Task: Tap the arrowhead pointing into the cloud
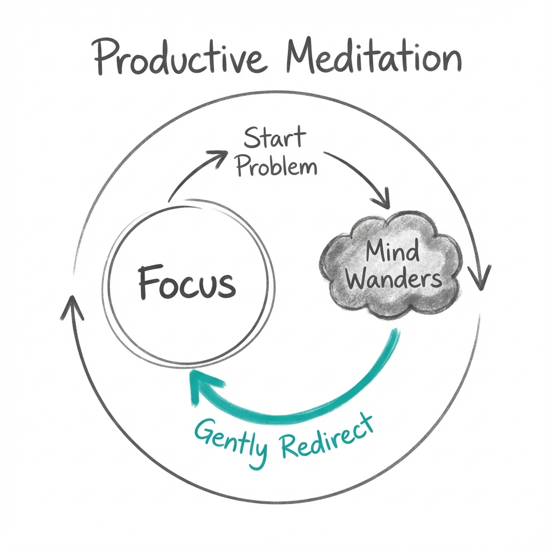pos(382,201)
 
